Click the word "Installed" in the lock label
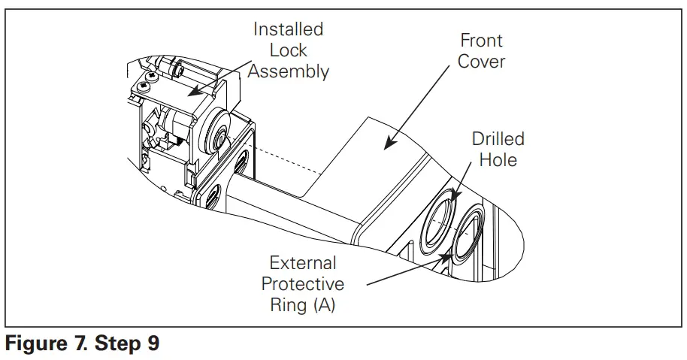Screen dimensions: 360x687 tap(288, 29)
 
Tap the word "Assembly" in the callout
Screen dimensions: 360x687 tap(289, 71)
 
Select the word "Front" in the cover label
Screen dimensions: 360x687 tap(481, 41)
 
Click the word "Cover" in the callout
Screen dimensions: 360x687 tap(481, 61)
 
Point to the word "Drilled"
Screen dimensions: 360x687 tap(498, 139)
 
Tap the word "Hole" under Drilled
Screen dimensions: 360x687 tap(498, 159)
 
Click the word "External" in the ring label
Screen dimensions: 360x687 tap(303, 264)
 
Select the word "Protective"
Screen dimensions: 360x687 tap(303, 284)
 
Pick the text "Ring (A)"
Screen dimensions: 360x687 tap(303, 305)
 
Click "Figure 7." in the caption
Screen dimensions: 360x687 tap(48, 345)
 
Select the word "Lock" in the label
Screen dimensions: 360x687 tap(288, 50)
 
